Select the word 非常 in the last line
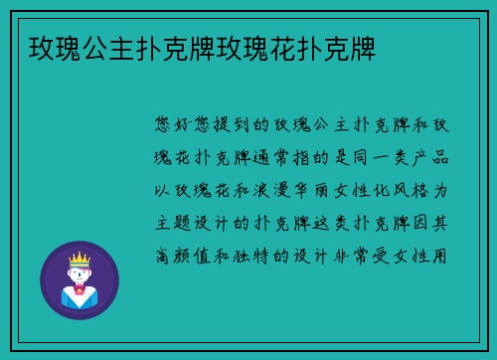pos(368,253)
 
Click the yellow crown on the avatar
pos(79,258)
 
